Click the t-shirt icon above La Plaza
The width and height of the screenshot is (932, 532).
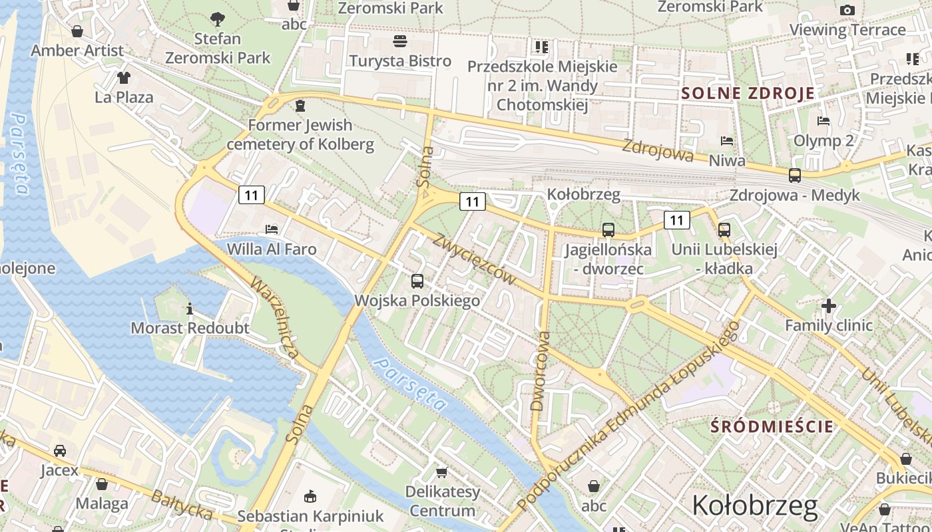[x=124, y=78]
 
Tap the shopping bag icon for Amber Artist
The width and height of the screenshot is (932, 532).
[x=77, y=31]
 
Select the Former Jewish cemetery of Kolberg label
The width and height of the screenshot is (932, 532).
[x=300, y=134]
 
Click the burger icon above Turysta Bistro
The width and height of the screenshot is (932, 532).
[x=400, y=41]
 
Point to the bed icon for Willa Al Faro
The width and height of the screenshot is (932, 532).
[x=272, y=229]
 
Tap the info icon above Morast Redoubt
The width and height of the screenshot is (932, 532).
[x=190, y=309]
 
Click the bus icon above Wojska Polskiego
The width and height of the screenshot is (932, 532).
[x=417, y=281]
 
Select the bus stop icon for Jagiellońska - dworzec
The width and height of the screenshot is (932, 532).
[x=608, y=230]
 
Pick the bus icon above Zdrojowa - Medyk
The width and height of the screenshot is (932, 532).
[x=794, y=176]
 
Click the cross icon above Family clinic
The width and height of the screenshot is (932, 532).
[x=828, y=306]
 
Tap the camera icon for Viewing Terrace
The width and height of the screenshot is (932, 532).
[x=847, y=10]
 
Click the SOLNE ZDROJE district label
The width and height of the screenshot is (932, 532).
[x=748, y=93]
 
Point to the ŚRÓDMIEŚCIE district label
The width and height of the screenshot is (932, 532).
[x=772, y=426]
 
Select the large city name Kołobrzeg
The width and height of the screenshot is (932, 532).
[x=754, y=506]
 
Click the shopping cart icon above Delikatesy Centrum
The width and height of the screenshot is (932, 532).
[x=441, y=472]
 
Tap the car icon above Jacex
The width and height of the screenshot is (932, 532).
[x=60, y=451]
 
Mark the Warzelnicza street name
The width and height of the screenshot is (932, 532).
[x=274, y=318]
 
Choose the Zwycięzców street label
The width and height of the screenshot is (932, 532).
[x=473, y=259]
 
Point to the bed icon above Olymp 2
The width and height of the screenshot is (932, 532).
[x=823, y=121]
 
